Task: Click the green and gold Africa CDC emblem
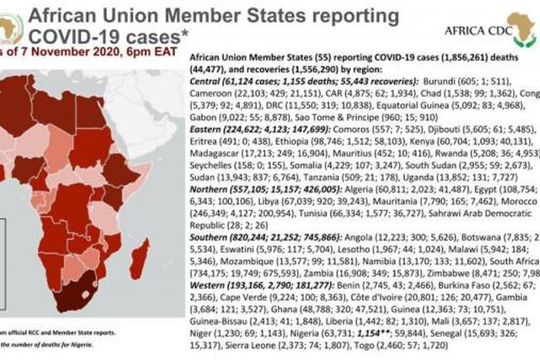point(518,26)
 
